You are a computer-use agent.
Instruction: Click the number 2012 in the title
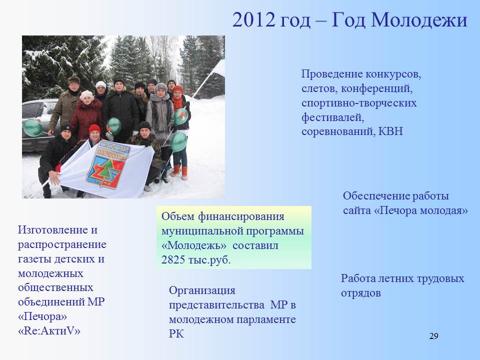click(x=254, y=20)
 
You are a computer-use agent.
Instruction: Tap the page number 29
click(x=434, y=336)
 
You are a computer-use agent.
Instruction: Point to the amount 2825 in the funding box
click(x=173, y=260)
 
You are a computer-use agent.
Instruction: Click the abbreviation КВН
click(x=390, y=131)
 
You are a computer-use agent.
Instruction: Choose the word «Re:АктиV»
click(x=49, y=330)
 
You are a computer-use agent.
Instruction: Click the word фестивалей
click(x=332, y=117)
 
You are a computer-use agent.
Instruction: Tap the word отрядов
click(x=361, y=293)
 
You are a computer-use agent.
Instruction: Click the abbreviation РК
click(x=176, y=333)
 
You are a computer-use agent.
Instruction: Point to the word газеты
click(x=35, y=259)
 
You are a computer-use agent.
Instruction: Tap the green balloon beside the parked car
click(x=33, y=127)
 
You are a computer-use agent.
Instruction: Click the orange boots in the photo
click(x=179, y=172)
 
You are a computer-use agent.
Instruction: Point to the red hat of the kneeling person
click(x=94, y=128)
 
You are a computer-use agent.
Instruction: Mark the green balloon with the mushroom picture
click(x=180, y=116)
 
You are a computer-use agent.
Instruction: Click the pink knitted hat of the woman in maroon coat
click(x=86, y=95)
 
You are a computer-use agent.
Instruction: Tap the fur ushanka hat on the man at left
click(x=74, y=80)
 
